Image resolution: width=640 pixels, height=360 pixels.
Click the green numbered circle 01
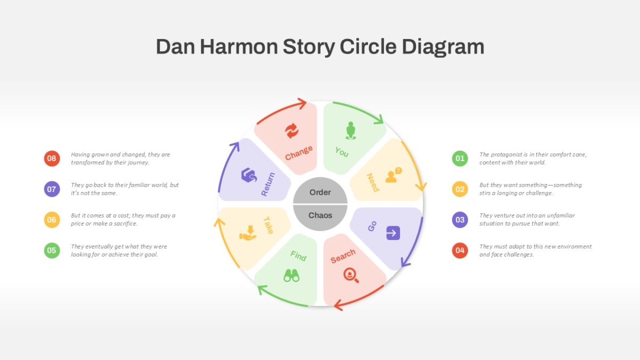click(460, 158)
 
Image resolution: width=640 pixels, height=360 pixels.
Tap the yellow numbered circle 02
click(460, 189)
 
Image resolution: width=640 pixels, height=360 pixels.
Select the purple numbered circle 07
click(52, 189)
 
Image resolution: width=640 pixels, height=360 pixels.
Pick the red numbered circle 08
click(52, 158)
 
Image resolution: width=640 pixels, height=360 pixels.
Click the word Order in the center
click(320, 193)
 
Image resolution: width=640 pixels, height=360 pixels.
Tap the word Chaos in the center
click(320, 215)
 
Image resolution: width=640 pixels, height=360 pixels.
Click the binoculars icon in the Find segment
click(291, 275)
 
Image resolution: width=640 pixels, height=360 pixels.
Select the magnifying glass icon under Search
click(351, 275)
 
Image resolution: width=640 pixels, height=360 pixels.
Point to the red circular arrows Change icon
click(292, 131)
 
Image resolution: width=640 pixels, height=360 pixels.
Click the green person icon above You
click(350, 131)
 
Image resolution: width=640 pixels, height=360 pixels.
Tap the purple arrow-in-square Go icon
click(393, 233)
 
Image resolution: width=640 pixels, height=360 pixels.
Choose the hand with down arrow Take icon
click(248, 233)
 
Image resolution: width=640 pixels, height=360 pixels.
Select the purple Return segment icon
click(249, 175)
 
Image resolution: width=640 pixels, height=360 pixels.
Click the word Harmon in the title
click(239, 46)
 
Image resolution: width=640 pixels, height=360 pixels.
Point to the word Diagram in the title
click(443, 47)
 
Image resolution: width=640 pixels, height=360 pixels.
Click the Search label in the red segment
click(343, 256)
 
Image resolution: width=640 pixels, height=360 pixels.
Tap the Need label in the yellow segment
click(373, 182)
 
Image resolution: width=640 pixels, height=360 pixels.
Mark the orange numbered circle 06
click(52, 220)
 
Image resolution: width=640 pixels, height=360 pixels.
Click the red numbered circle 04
click(460, 250)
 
